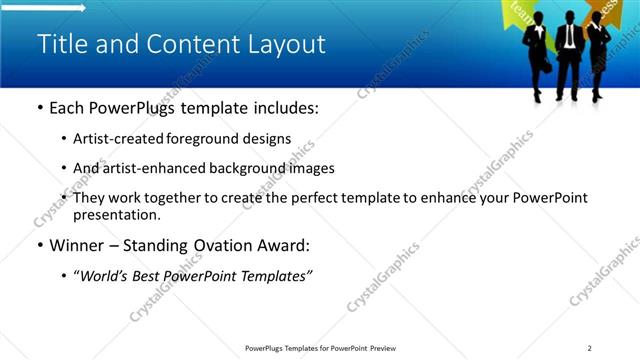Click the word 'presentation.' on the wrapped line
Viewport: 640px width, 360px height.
(116, 215)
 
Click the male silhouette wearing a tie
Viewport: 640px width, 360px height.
(568, 50)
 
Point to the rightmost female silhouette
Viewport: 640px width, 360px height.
(598, 55)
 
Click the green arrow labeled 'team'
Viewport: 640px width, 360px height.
(521, 11)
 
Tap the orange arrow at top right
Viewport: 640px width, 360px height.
(623, 10)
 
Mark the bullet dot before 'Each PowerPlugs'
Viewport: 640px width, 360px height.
(39, 107)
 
